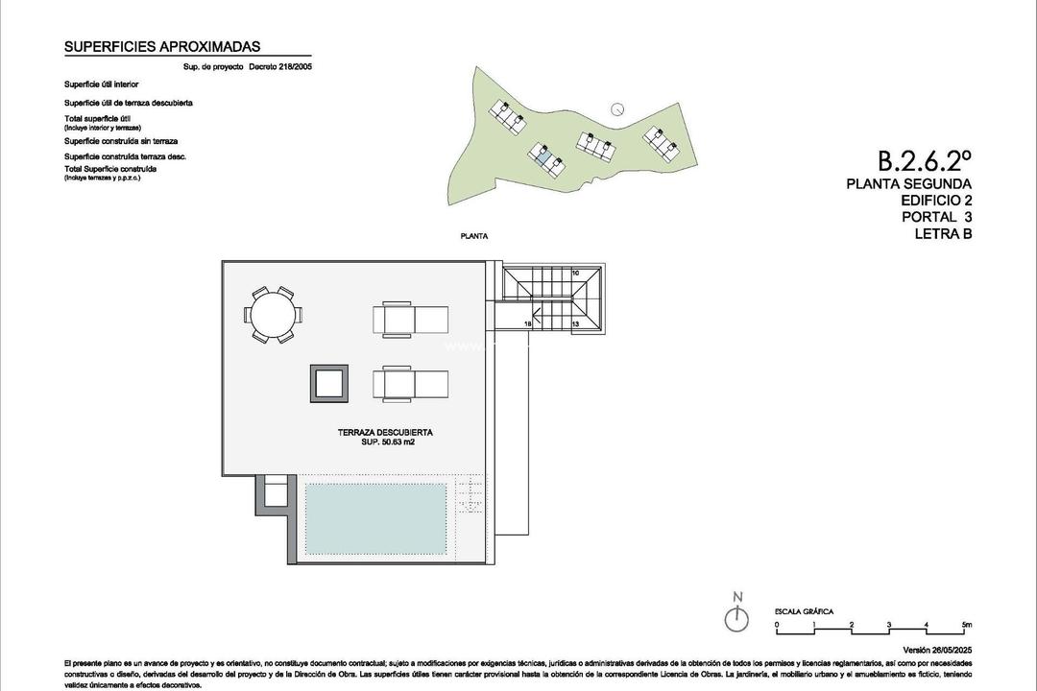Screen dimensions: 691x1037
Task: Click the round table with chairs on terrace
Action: click(273, 314)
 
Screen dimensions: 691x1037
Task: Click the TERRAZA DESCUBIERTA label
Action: click(378, 432)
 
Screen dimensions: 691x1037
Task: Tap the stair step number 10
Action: click(575, 274)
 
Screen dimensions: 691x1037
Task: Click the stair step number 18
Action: click(528, 324)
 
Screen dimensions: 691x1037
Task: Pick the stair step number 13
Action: click(575, 324)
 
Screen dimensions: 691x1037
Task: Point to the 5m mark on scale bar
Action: click(966, 625)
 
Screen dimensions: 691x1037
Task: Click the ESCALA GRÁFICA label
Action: click(804, 611)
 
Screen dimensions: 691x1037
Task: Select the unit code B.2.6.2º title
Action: click(924, 159)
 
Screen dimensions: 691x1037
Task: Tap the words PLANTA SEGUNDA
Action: click(908, 183)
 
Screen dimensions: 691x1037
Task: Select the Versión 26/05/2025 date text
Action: click(932, 650)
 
